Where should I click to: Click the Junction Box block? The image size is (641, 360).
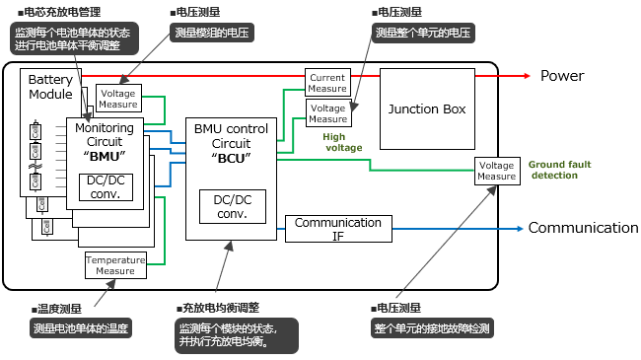[427, 108]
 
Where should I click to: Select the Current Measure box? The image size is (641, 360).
[327, 82]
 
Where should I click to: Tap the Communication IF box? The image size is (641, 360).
[337, 229]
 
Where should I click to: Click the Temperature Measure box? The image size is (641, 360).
[115, 264]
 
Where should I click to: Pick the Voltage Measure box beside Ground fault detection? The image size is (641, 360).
[496, 171]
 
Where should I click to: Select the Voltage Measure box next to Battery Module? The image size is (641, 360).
[117, 98]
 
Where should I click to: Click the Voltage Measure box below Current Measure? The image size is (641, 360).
[327, 112]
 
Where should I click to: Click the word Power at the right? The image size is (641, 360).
[562, 76]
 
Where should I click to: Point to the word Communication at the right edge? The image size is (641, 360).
[583, 228]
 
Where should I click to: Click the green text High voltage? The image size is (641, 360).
[343, 142]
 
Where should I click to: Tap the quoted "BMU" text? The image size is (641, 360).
[104, 157]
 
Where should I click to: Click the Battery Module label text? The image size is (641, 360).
[50, 87]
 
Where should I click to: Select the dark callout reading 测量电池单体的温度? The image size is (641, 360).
[81, 328]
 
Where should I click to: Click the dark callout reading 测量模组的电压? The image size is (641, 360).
[212, 34]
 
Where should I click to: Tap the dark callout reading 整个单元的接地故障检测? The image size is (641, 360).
[431, 328]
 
